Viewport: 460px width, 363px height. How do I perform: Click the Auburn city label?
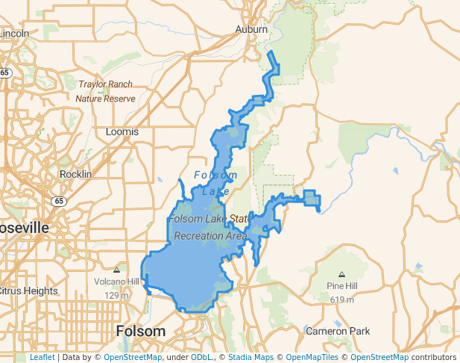pyautogui.click(x=251, y=29)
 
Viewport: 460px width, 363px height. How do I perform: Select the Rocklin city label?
pyautogui.click(x=75, y=174)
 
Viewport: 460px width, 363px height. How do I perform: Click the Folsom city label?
pyautogui.click(x=141, y=330)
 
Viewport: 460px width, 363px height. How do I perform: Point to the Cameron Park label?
pyautogui.click(x=338, y=331)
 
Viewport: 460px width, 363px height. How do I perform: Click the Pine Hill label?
pyautogui.click(x=341, y=286)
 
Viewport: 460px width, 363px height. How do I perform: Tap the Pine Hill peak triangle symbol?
pyautogui.click(x=341, y=274)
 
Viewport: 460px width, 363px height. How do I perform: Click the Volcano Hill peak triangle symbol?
pyautogui.click(x=116, y=270)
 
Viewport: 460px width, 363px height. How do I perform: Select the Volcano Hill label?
pyautogui.click(x=116, y=282)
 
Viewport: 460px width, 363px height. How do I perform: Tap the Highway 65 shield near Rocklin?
pyautogui.click(x=58, y=201)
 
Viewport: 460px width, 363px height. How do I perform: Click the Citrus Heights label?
pyautogui.click(x=28, y=291)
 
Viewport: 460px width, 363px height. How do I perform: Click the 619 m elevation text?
pyautogui.click(x=341, y=300)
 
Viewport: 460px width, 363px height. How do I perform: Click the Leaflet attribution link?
pyautogui.click(x=42, y=357)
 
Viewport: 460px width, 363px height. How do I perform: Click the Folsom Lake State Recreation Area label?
pyautogui.click(x=210, y=227)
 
